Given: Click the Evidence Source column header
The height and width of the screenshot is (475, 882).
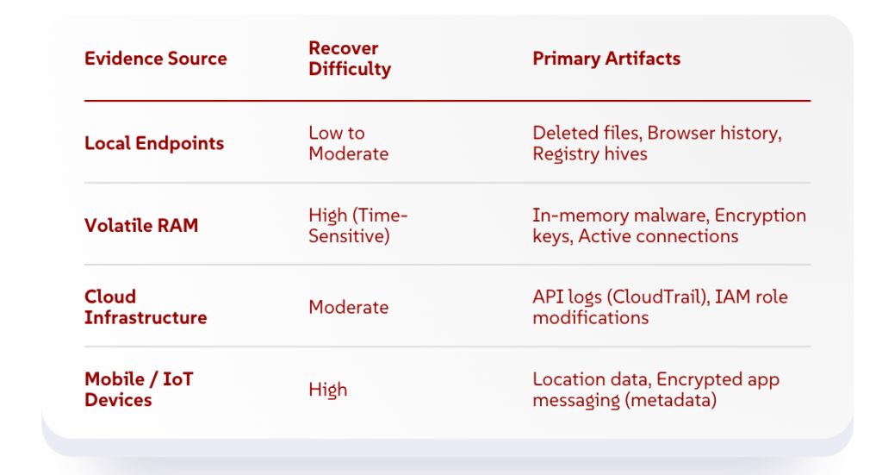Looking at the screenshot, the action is pyautogui.click(x=156, y=59).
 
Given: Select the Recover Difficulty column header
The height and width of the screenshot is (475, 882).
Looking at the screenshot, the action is pyautogui.click(x=350, y=59).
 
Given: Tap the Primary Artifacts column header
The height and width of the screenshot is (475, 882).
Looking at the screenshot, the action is pyautogui.click(x=606, y=59).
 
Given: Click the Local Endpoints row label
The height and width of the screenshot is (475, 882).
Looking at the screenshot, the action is pyautogui.click(x=154, y=143).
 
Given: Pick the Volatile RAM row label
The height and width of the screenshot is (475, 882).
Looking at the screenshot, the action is pyautogui.click(x=141, y=226).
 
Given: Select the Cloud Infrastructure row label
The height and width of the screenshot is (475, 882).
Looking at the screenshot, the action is pyautogui.click(x=146, y=307).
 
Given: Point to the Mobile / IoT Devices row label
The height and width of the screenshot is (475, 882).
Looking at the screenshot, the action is pyautogui.click(x=139, y=390).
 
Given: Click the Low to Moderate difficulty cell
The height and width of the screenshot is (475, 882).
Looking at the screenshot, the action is pyautogui.click(x=349, y=143).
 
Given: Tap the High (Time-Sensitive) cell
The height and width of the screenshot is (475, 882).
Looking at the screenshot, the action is pyautogui.click(x=357, y=226).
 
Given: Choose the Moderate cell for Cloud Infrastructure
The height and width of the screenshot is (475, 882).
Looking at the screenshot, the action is pyautogui.click(x=349, y=307).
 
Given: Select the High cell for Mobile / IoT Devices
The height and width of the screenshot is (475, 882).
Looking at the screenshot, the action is pyautogui.click(x=328, y=390).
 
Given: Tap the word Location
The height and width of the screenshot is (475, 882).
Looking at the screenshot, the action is pyautogui.click(x=562, y=380).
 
